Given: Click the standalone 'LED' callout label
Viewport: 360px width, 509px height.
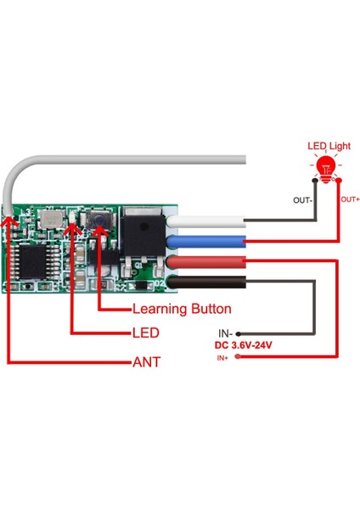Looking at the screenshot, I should (146, 333).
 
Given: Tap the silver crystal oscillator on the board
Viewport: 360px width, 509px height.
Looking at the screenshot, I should (53, 220).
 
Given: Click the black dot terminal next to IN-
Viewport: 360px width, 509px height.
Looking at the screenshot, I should (239, 333).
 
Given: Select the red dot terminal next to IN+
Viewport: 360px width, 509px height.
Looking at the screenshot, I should (239, 359).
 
